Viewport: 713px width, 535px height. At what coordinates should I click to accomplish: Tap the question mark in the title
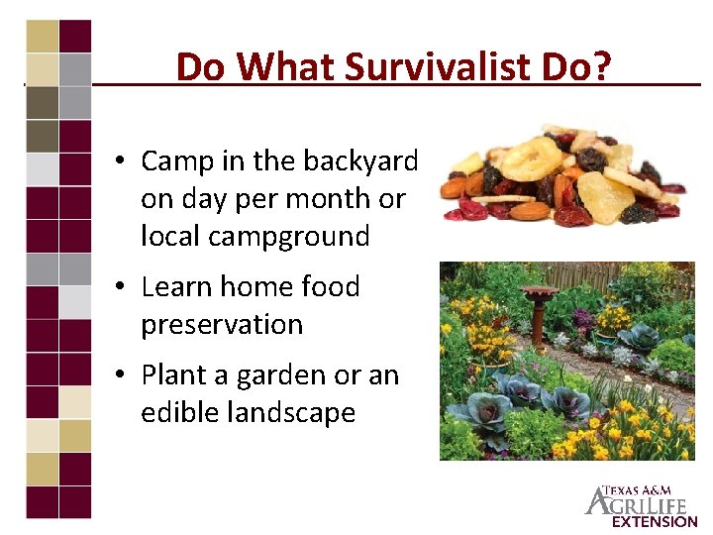coord(602,67)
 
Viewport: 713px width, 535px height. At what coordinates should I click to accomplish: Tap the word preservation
coord(222,325)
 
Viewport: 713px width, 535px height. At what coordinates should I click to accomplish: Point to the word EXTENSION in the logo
coord(654,521)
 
